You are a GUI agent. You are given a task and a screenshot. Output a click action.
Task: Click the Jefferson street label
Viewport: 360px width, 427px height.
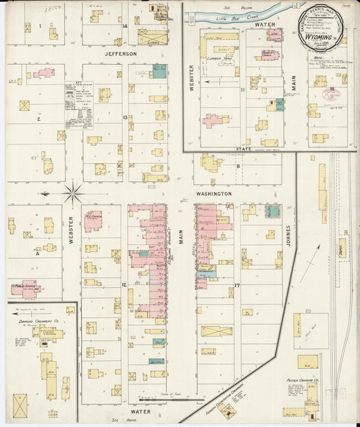click(121, 53)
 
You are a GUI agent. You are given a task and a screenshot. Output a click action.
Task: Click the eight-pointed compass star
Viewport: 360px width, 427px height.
click(73, 194)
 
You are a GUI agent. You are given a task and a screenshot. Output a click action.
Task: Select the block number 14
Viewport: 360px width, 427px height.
click(126, 26)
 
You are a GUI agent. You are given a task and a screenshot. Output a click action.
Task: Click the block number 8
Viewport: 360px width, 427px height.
click(238, 165)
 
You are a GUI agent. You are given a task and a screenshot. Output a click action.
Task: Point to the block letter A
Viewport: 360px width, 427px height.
click(38, 254)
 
